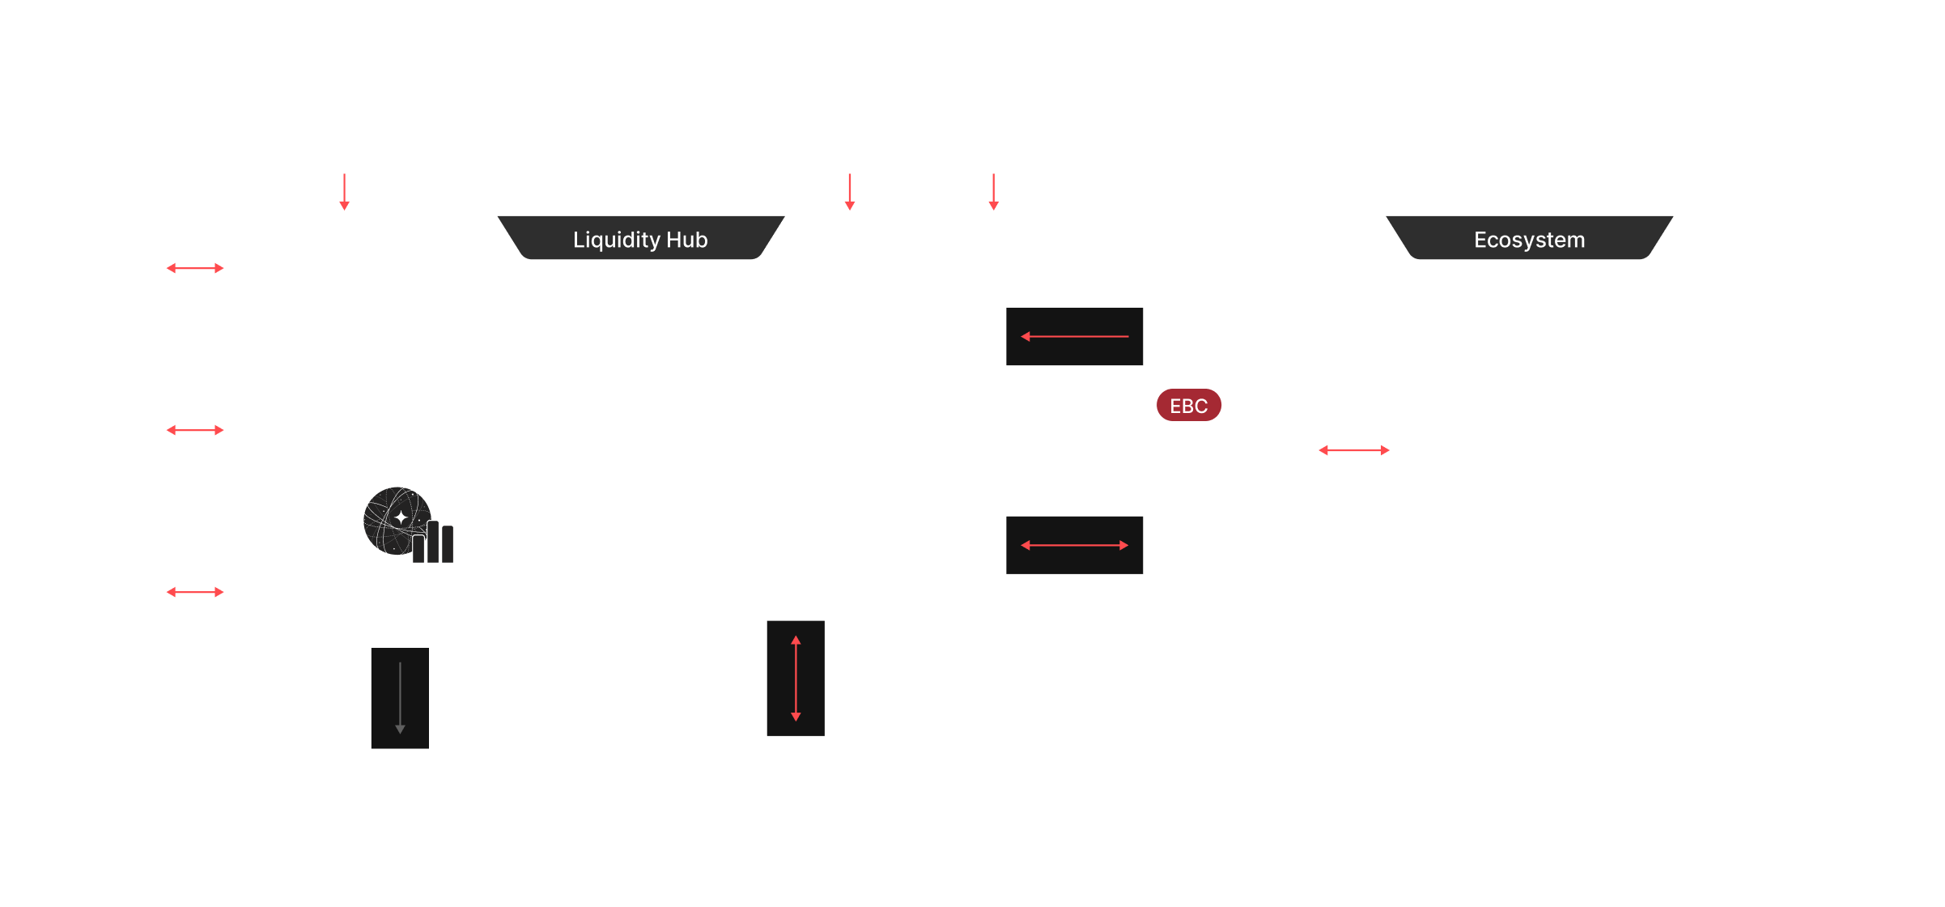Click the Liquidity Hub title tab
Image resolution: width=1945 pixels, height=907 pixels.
coord(640,240)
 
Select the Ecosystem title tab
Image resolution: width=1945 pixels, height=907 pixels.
coord(1529,240)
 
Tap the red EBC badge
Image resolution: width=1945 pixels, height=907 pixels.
coord(1188,406)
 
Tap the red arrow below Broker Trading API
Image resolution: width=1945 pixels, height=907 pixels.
coord(344,193)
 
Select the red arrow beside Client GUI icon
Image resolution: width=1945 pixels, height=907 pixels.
coord(195,268)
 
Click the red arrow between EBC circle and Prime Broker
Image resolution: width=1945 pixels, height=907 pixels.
coord(1354,450)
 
